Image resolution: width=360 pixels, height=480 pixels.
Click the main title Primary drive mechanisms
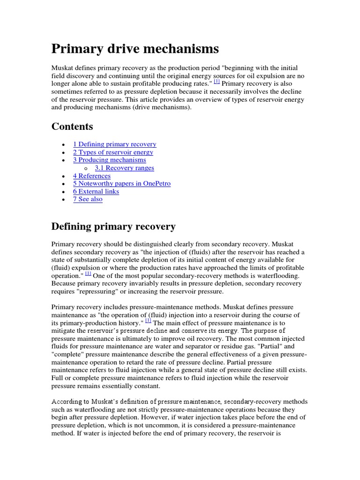click(x=135, y=49)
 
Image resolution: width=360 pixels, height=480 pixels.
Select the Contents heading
click(x=72, y=127)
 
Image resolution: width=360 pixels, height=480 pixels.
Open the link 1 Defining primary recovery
click(x=114, y=144)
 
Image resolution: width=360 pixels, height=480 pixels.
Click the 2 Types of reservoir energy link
click(x=113, y=152)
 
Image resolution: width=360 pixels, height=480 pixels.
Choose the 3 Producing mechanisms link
click(x=109, y=160)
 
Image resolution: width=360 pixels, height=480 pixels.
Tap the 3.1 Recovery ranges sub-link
click(x=124, y=168)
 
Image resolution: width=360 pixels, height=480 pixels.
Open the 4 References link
click(x=92, y=176)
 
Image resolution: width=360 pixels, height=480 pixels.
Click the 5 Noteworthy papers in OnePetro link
click(x=121, y=184)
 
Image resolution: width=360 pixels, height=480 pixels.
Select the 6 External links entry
click(x=96, y=191)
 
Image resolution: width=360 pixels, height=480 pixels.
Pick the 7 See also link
click(x=88, y=199)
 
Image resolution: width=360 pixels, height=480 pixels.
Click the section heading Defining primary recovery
click(x=113, y=227)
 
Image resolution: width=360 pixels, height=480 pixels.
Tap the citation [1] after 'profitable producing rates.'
click(x=217, y=82)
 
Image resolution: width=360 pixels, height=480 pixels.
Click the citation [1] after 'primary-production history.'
click(x=148, y=321)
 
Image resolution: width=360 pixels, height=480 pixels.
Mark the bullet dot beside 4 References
click(x=63, y=176)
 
